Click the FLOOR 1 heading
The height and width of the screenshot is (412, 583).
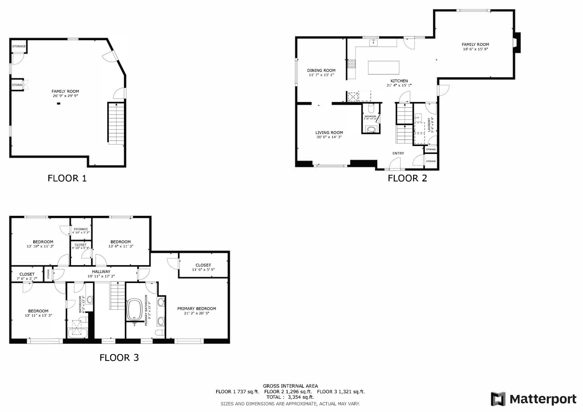(67, 178)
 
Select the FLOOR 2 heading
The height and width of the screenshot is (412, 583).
(407, 178)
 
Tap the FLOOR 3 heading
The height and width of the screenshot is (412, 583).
(119, 357)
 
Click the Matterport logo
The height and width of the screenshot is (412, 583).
(534, 399)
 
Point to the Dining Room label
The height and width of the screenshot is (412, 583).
(321, 71)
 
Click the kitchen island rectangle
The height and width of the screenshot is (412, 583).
(384, 68)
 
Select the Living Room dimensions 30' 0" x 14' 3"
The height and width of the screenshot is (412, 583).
(329, 137)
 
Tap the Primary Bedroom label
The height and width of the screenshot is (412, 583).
(197, 309)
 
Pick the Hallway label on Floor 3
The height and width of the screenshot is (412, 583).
(101, 272)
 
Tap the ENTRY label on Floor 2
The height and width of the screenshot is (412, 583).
(398, 153)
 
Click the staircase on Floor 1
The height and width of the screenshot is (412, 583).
(116, 123)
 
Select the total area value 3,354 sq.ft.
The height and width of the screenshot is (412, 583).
(301, 397)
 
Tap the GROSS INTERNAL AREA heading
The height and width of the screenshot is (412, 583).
(290, 386)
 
